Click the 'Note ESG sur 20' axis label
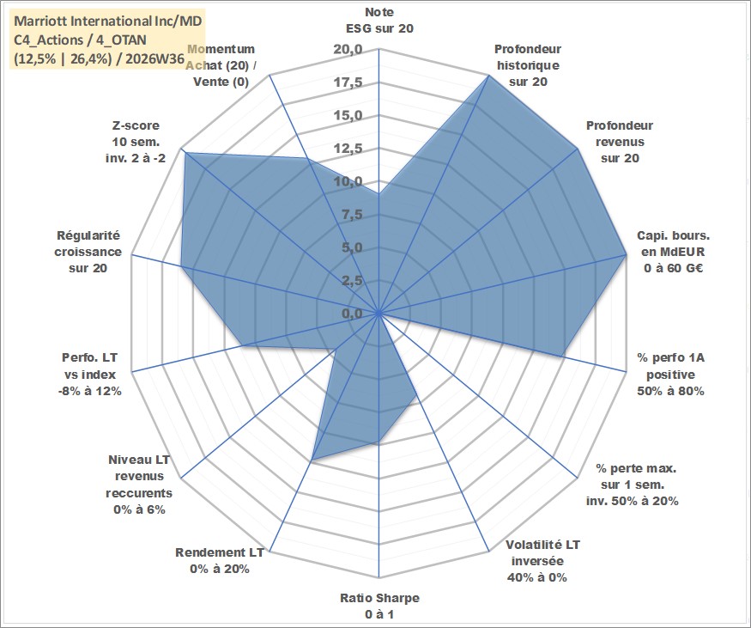click(379, 20)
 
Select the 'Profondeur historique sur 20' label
click(528, 65)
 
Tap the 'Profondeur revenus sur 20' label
click(620, 142)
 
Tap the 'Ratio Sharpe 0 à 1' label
click(379, 606)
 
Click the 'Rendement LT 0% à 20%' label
click(220, 560)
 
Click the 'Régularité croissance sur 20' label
click(88, 252)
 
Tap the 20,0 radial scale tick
click(348, 50)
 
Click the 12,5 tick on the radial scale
click(348, 149)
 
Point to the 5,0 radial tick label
click(352, 248)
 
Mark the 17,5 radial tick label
click(348, 83)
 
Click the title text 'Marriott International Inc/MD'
click(108, 21)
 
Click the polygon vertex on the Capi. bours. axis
click(626, 254)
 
